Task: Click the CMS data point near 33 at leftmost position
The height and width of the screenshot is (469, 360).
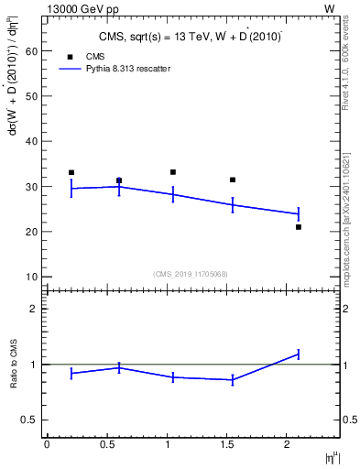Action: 71,172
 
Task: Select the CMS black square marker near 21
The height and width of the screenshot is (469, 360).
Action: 299,227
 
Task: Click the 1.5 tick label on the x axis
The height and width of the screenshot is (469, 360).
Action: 227,444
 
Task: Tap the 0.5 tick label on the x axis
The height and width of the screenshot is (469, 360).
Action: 106,444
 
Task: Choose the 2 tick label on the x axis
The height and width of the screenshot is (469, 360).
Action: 288,444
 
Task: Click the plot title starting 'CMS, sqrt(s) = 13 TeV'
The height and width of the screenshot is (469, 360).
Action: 190,37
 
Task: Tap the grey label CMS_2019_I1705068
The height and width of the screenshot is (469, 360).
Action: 191,273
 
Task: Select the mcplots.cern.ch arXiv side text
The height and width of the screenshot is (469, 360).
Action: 350,202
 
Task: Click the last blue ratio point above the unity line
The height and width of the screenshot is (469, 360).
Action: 299,354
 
